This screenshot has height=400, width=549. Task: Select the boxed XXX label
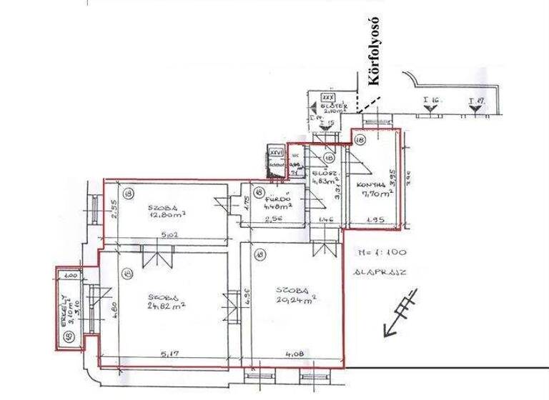pyautogui.click(x=329, y=96)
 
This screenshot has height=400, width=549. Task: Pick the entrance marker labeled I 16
pyautogui.click(x=429, y=101)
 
